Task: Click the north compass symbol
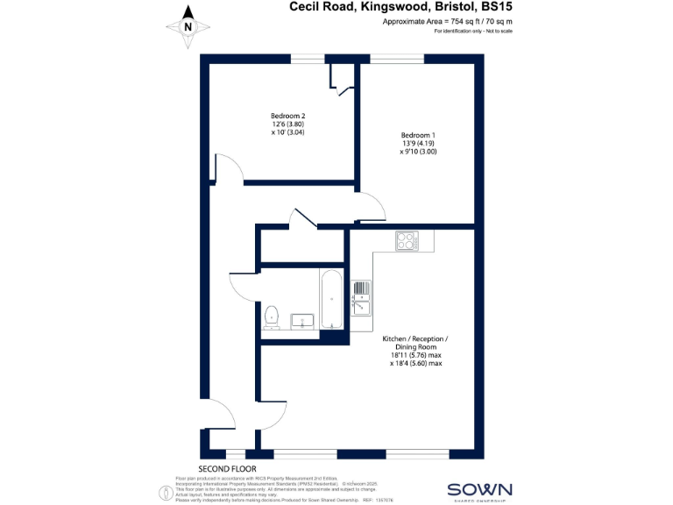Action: click(x=188, y=25)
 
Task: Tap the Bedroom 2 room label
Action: click(x=287, y=116)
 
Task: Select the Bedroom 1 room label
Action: click(x=418, y=135)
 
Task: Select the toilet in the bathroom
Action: click(x=272, y=317)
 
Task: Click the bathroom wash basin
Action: click(x=301, y=321)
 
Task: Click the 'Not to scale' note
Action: click(x=496, y=31)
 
